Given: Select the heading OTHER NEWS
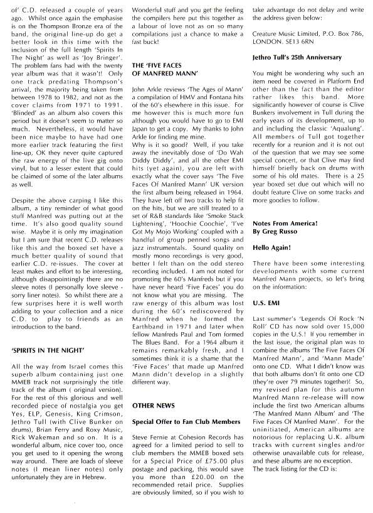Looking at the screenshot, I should [153, 389].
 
